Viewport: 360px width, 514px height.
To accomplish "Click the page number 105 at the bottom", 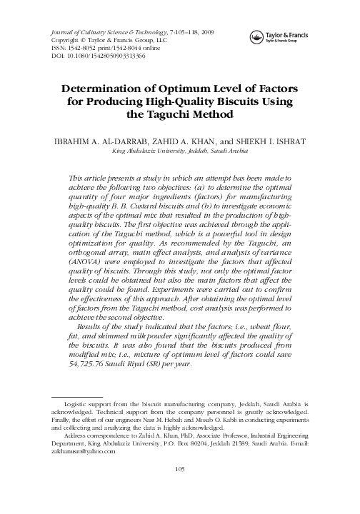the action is [x=180, y=488].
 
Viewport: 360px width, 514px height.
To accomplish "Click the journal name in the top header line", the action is [x=106, y=34].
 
